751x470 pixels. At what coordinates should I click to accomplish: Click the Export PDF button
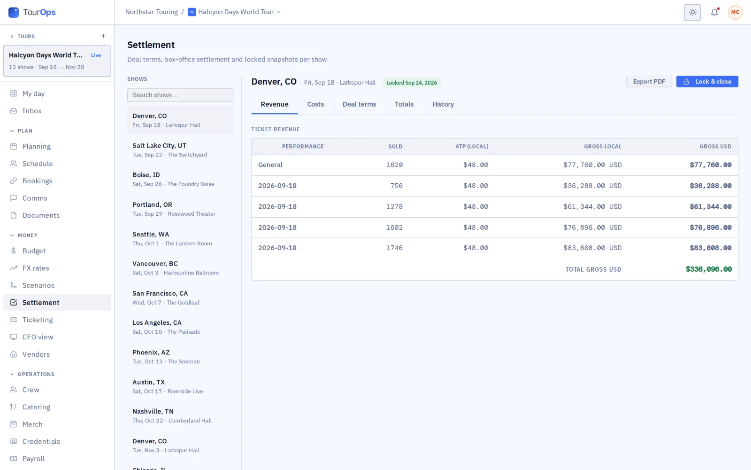(649, 82)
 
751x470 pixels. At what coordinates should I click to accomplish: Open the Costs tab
(315, 104)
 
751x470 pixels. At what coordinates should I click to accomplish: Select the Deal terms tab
(359, 104)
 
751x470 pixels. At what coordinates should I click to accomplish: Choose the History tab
(443, 104)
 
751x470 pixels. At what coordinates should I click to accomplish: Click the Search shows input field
(180, 95)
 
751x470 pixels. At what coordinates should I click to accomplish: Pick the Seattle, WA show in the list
(180, 238)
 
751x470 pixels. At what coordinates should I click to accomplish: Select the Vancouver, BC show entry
(180, 268)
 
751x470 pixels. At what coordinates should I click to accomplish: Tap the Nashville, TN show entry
(180, 415)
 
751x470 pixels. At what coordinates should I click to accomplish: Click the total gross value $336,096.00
(708, 269)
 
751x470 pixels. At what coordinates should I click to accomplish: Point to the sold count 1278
(394, 206)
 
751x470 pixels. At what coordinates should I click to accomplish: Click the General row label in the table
(270, 165)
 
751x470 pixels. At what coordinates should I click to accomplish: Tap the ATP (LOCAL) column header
(472, 146)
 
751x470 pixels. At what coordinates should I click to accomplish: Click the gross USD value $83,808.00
(711, 248)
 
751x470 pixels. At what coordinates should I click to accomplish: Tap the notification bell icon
(714, 12)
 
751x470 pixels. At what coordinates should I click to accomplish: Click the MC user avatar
(735, 12)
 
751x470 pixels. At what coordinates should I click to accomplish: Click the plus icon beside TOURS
(103, 36)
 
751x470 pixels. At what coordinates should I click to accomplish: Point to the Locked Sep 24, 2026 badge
(411, 83)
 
